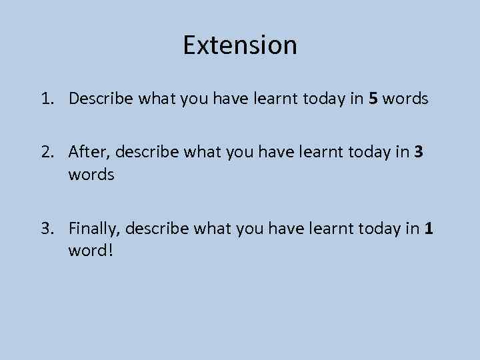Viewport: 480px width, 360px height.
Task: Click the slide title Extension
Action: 240,45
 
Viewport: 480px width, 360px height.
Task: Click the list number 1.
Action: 45,99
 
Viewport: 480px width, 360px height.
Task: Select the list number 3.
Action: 45,230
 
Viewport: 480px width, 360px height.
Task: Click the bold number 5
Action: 373,99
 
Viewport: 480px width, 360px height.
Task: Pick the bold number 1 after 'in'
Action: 429,230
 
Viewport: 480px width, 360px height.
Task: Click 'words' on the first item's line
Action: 406,99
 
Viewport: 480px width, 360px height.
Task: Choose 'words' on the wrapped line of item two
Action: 91,175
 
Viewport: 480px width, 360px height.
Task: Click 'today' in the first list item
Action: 323,99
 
